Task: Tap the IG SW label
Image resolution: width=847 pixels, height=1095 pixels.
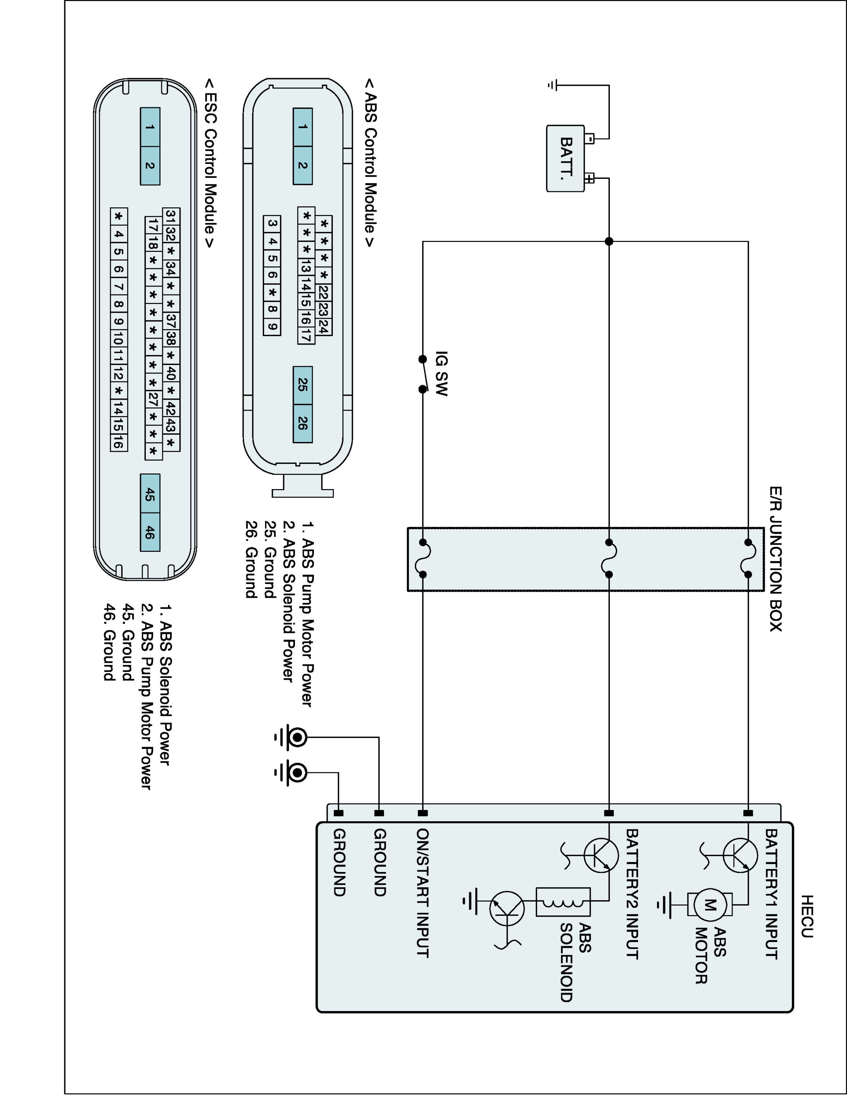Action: point(441,373)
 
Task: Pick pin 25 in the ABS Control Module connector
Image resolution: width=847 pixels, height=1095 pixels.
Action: point(303,385)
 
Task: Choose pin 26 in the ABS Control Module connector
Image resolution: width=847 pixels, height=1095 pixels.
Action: point(303,423)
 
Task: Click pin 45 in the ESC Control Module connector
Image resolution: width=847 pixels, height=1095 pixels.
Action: point(149,494)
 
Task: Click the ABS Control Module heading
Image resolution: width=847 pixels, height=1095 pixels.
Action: point(370,162)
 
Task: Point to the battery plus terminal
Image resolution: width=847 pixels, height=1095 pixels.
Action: point(590,178)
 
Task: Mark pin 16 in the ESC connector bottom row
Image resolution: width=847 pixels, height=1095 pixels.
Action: point(118,443)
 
